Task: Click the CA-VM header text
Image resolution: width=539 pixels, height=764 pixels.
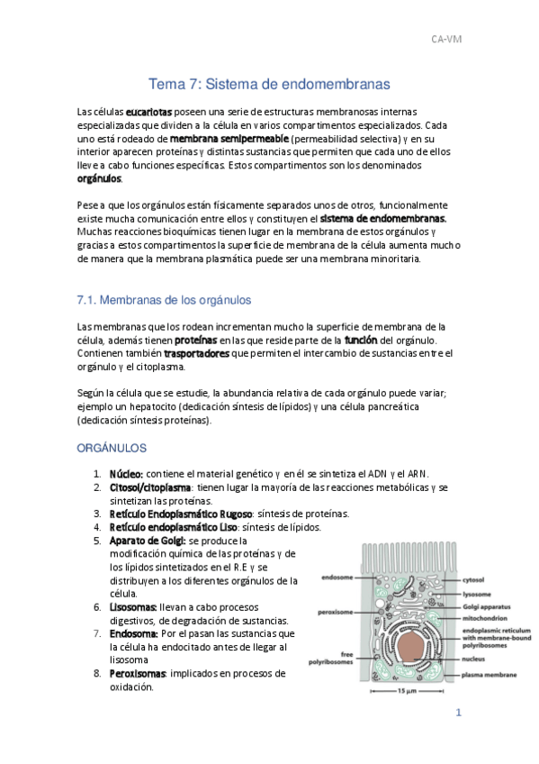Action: pos(446,39)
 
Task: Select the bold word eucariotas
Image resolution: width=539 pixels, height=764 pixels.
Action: pos(148,111)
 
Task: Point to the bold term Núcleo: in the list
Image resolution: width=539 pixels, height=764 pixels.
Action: pos(126,473)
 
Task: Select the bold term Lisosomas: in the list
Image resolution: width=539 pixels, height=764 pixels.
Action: pos(133,607)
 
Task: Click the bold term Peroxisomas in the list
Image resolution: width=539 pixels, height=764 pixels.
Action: pos(138,673)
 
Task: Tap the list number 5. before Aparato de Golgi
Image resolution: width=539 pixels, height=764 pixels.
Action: pos(98,540)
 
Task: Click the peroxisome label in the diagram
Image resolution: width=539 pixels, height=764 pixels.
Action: pos(331,611)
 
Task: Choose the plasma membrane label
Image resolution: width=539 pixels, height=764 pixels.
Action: pos(489,675)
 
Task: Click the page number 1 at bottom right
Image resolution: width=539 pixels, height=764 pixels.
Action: pos(458,713)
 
